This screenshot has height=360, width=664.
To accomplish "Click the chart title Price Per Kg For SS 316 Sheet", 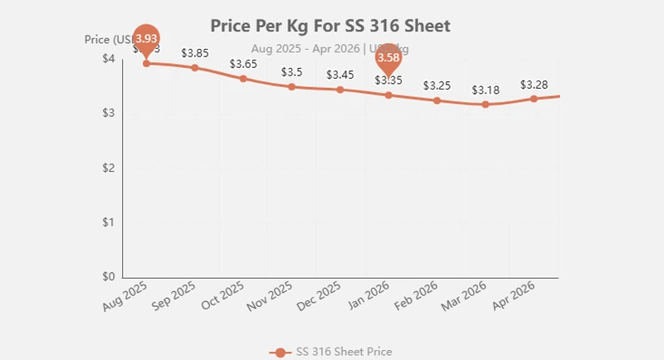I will click(330, 26).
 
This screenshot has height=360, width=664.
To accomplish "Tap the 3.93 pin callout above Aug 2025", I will click(147, 39).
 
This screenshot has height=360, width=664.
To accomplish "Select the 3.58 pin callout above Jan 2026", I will click(388, 58).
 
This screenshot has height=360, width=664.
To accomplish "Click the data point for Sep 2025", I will click(195, 67).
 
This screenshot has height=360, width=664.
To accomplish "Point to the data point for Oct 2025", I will click(243, 79).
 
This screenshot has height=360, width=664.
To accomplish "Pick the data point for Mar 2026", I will click(486, 105).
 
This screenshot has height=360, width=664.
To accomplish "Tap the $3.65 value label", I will click(243, 64).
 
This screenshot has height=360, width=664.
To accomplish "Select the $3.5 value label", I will click(291, 72).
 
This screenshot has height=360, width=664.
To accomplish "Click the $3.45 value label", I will click(340, 75).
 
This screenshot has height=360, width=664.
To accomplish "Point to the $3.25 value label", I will click(437, 85).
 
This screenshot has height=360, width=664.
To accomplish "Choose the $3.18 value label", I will click(486, 90).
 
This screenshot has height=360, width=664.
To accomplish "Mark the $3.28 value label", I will click(534, 84).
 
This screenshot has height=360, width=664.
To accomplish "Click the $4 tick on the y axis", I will click(109, 59).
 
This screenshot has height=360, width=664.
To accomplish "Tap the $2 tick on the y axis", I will click(109, 168).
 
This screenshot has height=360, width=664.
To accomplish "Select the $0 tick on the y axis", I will click(109, 277).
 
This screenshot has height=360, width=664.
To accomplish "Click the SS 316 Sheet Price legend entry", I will click(331, 352).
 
